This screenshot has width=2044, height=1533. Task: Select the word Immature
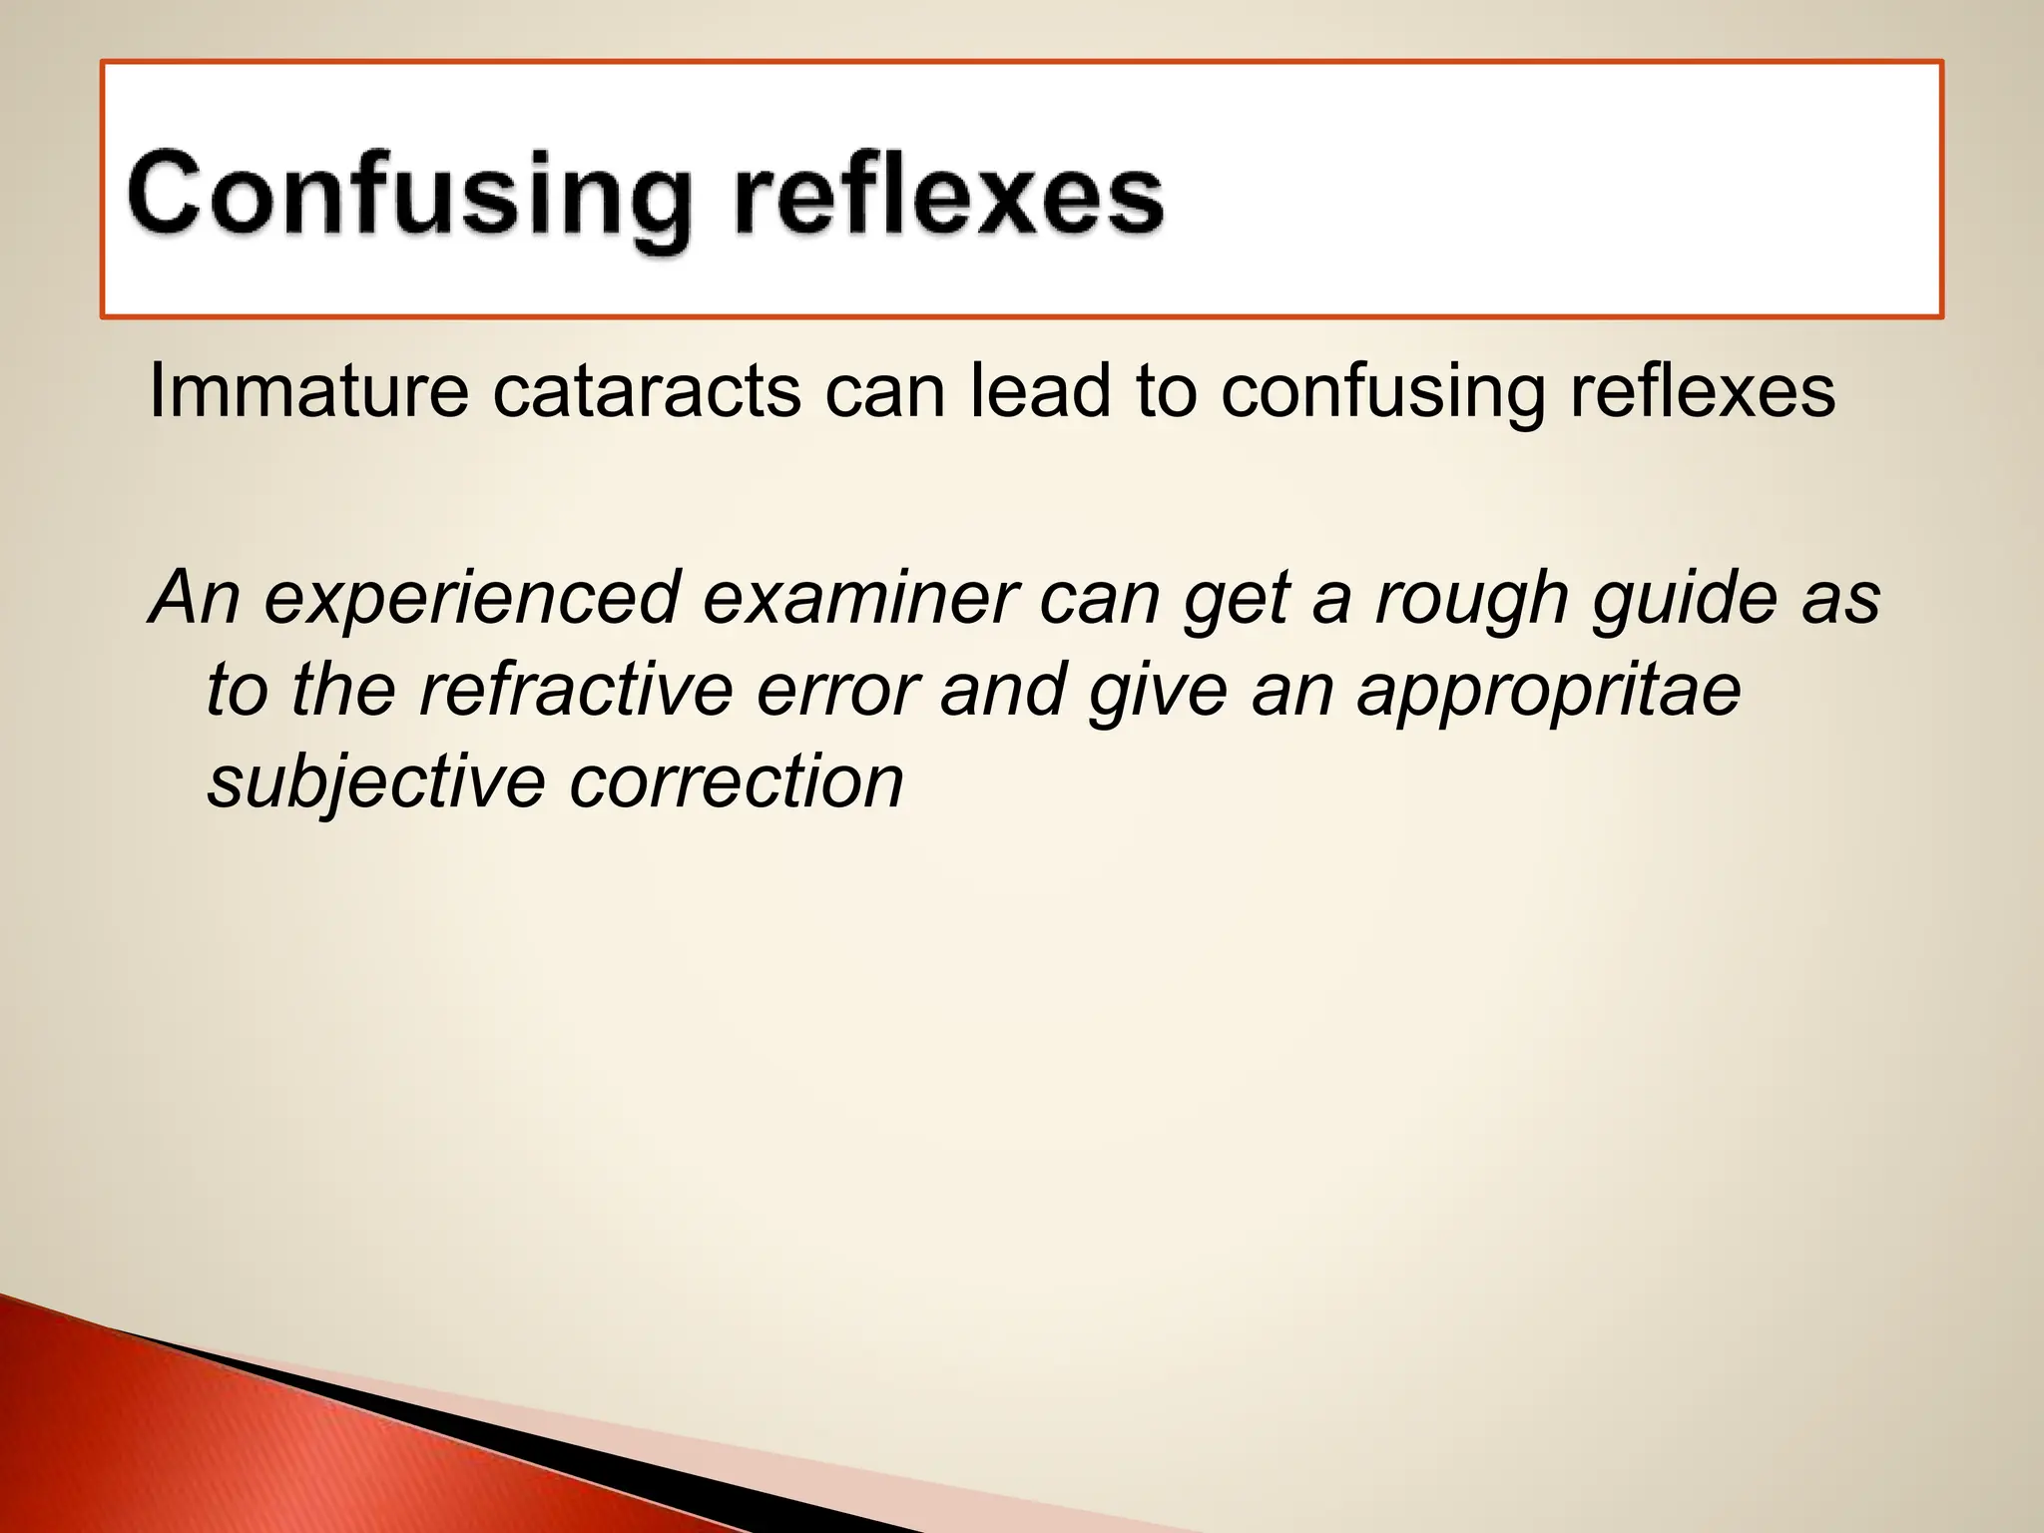pyautogui.click(x=307, y=390)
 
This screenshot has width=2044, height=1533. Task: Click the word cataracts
pyautogui.click(x=647, y=390)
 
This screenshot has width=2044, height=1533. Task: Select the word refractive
pyautogui.click(x=577, y=690)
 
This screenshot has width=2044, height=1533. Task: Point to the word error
pyautogui.click(x=836, y=692)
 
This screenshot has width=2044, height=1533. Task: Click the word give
pyautogui.click(x=1158, y=692)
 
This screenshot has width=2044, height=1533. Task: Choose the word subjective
pyautogui.click(x=375, y=783)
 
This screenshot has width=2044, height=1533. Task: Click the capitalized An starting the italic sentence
pyautogui.click(x=196, y=598)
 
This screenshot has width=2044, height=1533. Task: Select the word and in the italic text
pyautogui.click(x=1002, y=690)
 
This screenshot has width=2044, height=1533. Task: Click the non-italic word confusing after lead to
pyautogui.click(x=1383, y=392)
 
